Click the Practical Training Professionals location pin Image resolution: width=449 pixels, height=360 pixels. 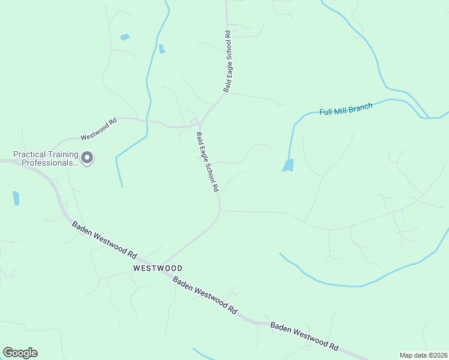tap(87, 158)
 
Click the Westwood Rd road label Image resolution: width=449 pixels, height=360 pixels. tap(98, 128)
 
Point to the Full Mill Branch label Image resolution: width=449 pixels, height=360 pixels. tap(346, 109)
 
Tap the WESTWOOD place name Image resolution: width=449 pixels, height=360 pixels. tap(158, 268)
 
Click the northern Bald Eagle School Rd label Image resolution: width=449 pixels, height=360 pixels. tap(228, 61)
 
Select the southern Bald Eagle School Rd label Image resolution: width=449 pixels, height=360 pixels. tap(207, 161)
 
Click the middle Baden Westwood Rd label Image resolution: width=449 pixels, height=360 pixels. tap(205, 295)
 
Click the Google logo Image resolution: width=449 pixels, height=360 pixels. tap(20, 353)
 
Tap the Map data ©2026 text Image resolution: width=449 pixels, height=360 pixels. tap(423, 355)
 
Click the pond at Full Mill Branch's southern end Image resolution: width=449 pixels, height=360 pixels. tap(289, 166)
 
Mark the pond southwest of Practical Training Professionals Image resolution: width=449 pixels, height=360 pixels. tap(16, 198)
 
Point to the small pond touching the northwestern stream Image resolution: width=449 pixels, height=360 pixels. tap(161, 49)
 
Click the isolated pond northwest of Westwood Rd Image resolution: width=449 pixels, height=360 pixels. tap(125, 37)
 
